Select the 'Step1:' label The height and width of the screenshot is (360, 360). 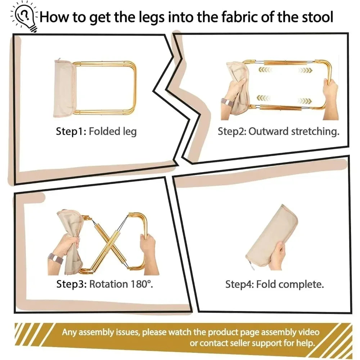click(x=71, y=131)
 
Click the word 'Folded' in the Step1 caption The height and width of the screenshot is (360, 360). click(x=104, y=131)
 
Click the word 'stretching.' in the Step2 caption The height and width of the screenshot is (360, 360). click(x=315, y=131)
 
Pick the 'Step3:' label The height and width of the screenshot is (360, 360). click(x=71, y=284)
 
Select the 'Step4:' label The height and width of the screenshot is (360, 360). click(x=239, y=284)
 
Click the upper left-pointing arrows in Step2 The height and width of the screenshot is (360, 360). click(x=265, y=69)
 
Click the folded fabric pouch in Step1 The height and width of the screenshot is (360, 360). click(x=65, y=89)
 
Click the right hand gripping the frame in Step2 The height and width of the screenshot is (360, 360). click(x=330, y=99)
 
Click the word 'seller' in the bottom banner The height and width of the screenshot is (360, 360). click(x=240, y=343)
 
